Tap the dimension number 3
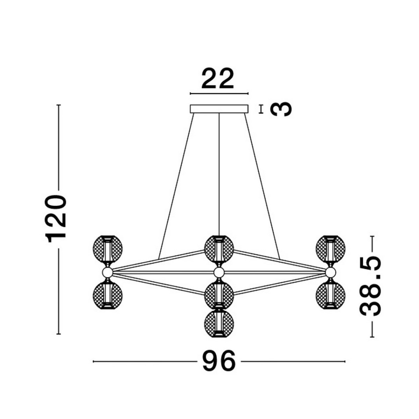[x=281, y=109]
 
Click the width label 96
[x=219, y=362]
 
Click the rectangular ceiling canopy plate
[x=219, y=109]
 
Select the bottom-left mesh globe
[x=108, y=295]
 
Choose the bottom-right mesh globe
[x=330, y=295]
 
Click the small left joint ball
[x=107, y=272]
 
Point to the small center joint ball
[x=219, y=272]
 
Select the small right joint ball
[x=330, y=272]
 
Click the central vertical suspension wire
[x=219, y=175]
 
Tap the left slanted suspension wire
[x=176, y=185]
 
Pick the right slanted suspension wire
[x=262, y=185]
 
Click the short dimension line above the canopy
[x=219, y=94]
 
